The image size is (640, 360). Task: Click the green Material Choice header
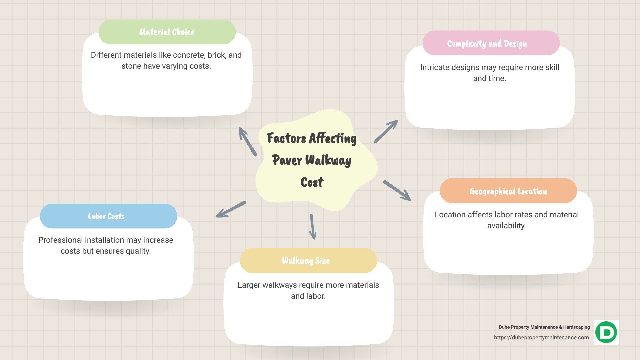coord(167,32)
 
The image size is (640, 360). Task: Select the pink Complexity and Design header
coord(491,43)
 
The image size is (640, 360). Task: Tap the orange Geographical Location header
coord(508,191)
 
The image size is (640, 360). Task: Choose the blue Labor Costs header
coord(108,216)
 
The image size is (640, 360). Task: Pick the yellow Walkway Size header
coord(308,261)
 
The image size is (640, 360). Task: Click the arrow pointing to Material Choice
coord(247,141)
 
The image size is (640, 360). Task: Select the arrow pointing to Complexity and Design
coord(386,131)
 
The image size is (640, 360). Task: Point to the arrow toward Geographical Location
coord(397,191)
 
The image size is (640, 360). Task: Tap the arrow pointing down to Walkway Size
coord(313,227)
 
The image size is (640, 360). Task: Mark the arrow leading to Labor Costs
coord(230,210)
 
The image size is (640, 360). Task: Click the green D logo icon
coord(606,332)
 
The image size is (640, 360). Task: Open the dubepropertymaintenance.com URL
coord(541,338)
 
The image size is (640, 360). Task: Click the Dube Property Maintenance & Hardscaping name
coord(544,327)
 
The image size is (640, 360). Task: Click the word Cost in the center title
coord(312,182)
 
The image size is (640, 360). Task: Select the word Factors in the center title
coord(286,138)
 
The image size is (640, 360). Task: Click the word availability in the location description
coord(507,226)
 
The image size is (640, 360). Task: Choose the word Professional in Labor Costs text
coord(60,240)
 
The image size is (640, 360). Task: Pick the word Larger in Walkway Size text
coord(249,285)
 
